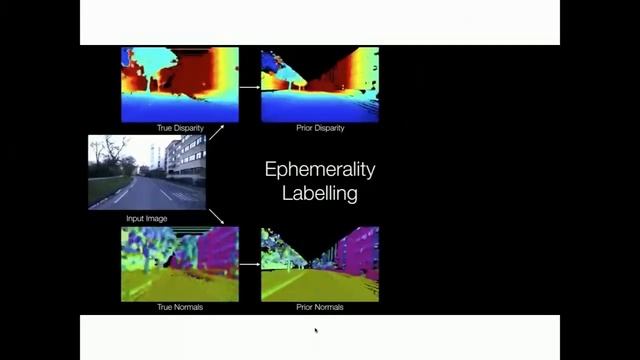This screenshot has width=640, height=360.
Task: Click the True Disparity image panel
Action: pos(180,84)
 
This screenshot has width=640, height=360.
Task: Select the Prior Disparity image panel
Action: pos(319,84)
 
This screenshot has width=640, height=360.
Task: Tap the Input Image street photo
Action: pos(147,172)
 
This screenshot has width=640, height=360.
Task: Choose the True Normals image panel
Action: pos(180,264)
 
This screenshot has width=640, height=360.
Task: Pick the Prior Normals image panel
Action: pos(319,264)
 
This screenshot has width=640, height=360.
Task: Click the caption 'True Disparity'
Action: pos(180,128)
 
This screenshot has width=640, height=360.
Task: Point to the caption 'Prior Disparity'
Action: pos(320,128)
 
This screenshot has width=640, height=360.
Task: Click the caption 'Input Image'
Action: pos(147,217)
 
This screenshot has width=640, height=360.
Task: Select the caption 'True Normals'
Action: pos(180,307)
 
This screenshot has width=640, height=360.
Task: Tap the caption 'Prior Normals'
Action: pos(320,307)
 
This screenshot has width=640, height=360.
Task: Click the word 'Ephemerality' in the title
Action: pos(319,169)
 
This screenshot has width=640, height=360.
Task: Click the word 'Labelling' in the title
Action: pos(319,193)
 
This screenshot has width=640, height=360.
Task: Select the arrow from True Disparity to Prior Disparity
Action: pos(249,86)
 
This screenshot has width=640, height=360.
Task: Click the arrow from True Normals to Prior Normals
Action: pos(249,266)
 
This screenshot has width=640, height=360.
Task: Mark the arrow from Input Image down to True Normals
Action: pos(216,216)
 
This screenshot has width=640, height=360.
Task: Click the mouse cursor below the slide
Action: pos(316,329)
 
